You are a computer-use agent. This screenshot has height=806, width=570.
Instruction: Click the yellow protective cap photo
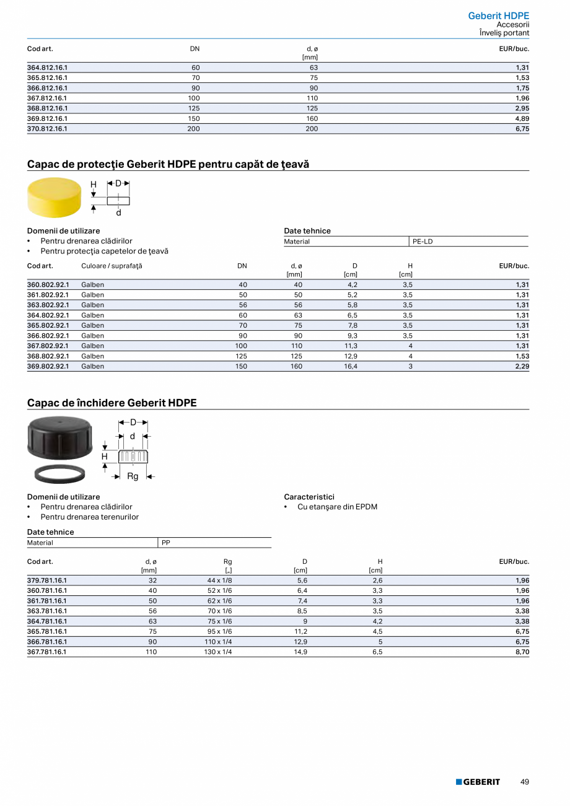point(55,197)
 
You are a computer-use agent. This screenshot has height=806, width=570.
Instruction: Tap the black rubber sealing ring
point(59,473)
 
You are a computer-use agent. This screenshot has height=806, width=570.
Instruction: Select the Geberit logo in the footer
point(478,782)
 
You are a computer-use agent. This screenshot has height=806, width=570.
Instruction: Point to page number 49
point(525,782)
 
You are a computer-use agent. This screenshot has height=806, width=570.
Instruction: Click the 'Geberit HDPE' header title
point(498,15)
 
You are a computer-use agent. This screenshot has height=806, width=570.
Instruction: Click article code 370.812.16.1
point(47,129)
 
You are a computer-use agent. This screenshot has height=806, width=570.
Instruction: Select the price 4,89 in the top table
point(522,118)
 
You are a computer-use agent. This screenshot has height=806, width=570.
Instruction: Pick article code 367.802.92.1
point(48,346)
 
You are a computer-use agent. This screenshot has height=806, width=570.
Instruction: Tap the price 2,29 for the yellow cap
point(522,366)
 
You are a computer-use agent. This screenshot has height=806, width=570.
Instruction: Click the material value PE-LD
point(423,242)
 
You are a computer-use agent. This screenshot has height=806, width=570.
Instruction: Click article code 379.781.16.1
point(47,580)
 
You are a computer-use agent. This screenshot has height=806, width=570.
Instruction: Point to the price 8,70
point(522,652)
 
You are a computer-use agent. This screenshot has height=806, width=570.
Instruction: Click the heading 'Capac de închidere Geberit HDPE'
point(112,403)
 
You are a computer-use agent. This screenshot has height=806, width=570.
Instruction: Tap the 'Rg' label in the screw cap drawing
point(133,476)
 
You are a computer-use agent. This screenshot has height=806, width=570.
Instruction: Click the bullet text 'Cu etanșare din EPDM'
point(337,507)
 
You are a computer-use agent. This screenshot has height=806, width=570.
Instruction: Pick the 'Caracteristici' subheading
point(309,497)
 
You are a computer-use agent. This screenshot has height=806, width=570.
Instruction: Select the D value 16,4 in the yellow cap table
point(351,366)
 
